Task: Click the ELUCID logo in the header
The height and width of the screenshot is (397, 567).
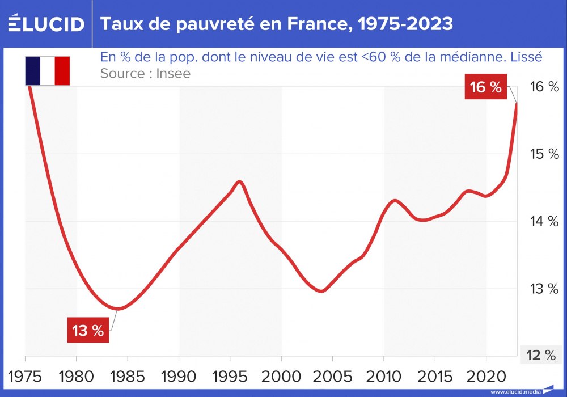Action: click(46, 24)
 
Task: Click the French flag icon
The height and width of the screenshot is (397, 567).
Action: click(48, 70)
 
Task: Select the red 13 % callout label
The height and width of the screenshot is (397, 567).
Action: click(88, 331)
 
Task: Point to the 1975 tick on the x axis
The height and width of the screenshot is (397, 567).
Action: click(26, 375)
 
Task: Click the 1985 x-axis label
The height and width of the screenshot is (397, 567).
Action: click(128, 375)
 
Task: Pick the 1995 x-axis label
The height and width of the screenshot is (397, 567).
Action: click(230, 375)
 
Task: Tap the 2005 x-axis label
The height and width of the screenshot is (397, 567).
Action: click(332, 375)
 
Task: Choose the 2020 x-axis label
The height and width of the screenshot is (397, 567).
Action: click(486, 375)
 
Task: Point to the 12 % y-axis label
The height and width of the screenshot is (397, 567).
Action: click(541, 356)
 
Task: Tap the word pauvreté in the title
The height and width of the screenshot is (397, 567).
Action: click(197, 24)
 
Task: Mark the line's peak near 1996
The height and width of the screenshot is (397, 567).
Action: click(239, 181)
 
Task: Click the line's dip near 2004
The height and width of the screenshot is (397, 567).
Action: click(321, 291)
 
